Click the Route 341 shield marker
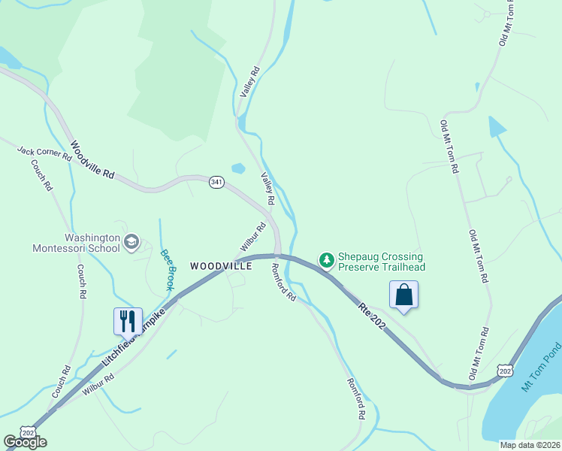[x=216, y=183]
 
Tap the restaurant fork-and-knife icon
[x=128, y=321]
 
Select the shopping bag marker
[x=403, y=294]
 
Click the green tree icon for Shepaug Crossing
[x=327, y=261]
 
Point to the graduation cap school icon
[x=131, y=241]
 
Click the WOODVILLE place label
[x=221, y=266]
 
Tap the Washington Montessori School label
[x=76, y=242]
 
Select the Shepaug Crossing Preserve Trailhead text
[x=382, y=262]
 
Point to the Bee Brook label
[x=167, y=268]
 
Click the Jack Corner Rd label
[x=44, y=153]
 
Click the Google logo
[x=25, y=442]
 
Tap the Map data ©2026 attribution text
[x=530, y=445]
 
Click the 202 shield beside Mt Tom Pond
[x=505, y=370]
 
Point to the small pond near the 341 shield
[x=238, y=168]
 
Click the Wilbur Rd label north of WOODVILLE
[x=253, y=237]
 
